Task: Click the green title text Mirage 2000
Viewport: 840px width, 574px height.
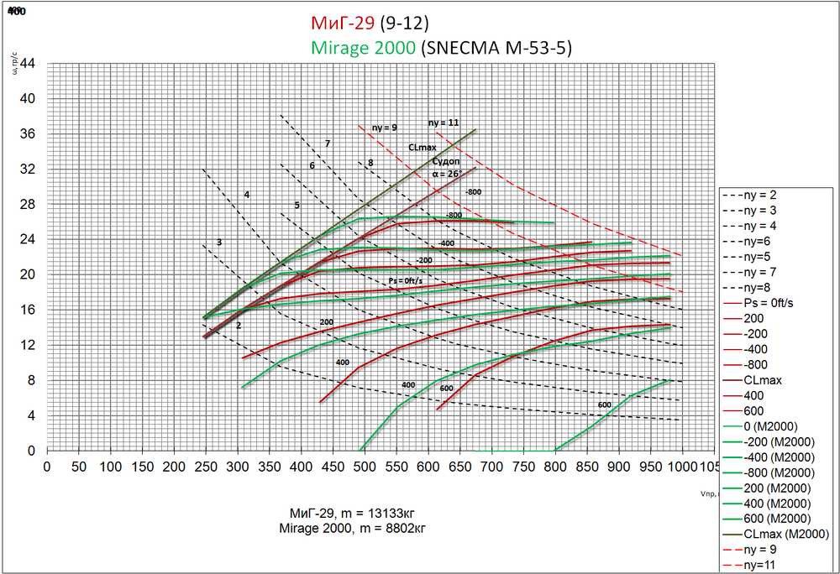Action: click(363, 48)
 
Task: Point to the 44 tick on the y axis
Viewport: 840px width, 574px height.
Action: click(28, 63)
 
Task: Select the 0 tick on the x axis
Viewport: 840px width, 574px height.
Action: click(47, 465)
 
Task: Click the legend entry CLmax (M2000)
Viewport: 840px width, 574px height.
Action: click(786, 534)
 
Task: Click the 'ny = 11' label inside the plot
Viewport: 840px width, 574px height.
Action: click(444, 123)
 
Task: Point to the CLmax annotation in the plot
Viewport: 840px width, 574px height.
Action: click(423, 147)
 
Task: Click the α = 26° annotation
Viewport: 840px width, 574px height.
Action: click(447, 174)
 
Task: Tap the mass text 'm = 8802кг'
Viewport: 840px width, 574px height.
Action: click(383, 528)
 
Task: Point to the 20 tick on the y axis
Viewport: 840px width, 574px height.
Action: click(28, 274)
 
